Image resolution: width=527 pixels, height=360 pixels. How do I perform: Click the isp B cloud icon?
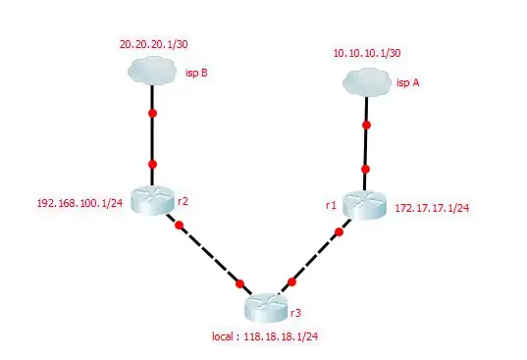[x=152, y=71]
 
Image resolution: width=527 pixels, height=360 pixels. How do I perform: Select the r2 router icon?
[x=152, y=199]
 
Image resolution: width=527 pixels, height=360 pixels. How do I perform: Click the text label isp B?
[x=195, y=71]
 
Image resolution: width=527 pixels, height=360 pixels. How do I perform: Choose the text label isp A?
[x=408, y=83]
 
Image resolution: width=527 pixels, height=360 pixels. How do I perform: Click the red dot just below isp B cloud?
[x=152, y=115]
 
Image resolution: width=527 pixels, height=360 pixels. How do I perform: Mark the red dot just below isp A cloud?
[x=366, y=126]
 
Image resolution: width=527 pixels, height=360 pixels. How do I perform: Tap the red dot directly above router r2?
[x=152, y=164]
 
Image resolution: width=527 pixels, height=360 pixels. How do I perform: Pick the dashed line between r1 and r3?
[x=314, y=259]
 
